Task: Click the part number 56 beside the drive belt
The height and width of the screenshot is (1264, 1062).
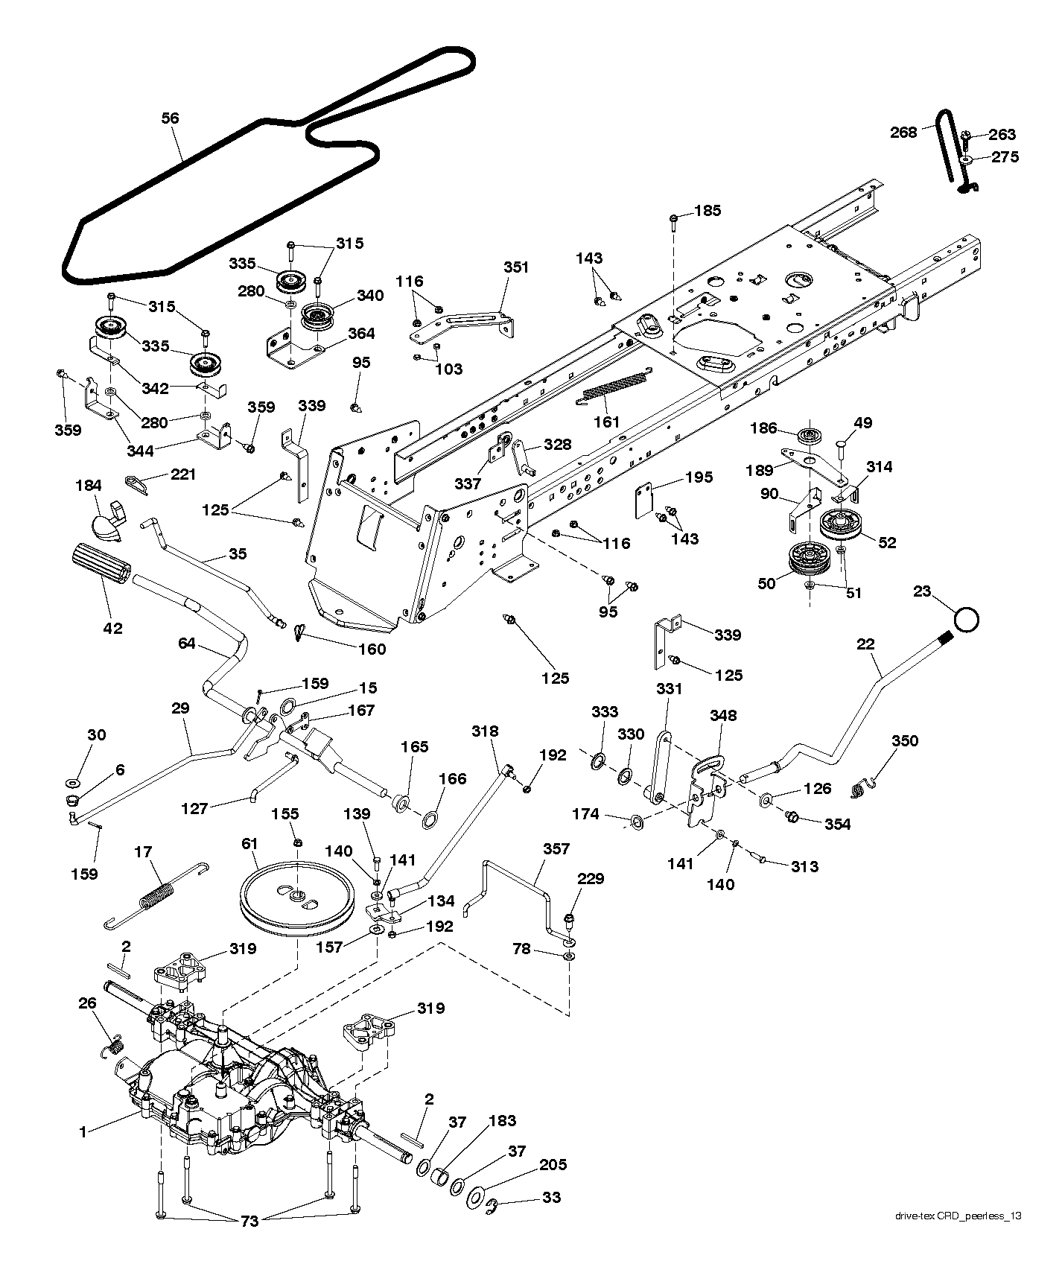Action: tap(170, 118)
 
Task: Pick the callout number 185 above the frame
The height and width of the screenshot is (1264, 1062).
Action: tap(707, 211)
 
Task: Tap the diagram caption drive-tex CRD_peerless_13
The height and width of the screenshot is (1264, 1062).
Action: tap(958, 1216)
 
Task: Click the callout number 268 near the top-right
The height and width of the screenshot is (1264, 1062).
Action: tap(904, 132)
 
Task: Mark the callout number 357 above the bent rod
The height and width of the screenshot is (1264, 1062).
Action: tap(556, 848)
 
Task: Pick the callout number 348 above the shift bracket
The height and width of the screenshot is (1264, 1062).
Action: tap(723, 715)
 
